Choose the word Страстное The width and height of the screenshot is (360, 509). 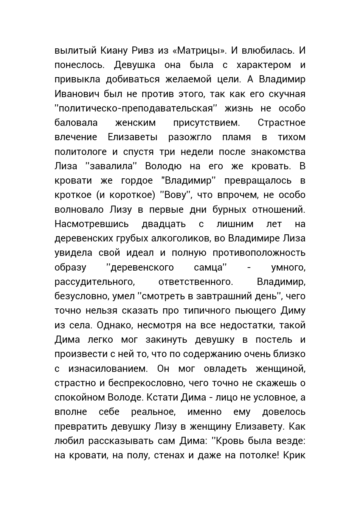[x=281, y=123]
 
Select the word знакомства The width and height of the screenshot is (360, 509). [x=278, y=152]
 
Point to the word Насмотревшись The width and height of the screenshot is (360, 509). [x=92, y=224]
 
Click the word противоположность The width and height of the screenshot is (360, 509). [x=259, y=253]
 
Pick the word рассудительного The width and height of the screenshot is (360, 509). [x=95, y=282]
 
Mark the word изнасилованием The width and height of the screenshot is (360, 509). [x=108, y=368]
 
